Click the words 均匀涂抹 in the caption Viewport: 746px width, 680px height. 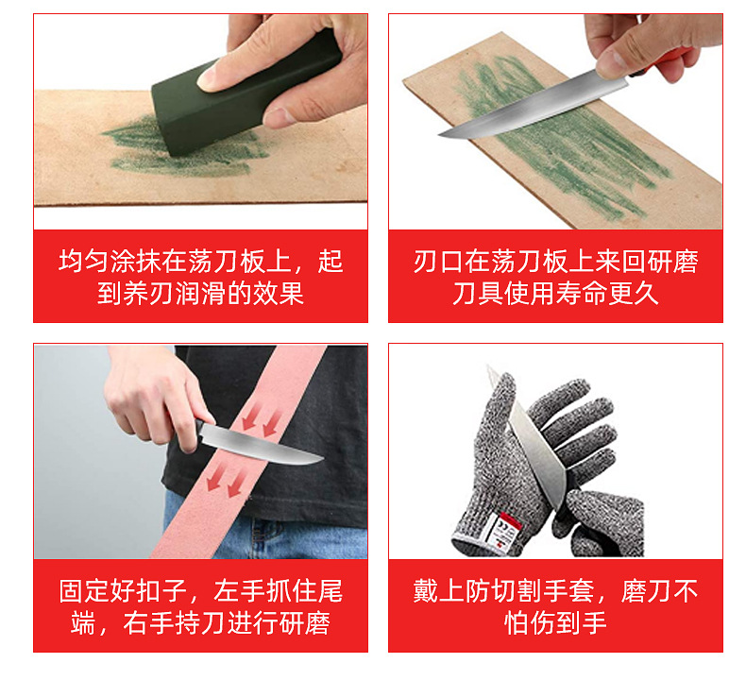[110, 262]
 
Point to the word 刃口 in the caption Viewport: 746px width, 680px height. [438, 262]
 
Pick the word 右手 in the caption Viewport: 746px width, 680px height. [149, 623]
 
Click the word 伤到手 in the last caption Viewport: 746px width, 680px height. [570, 623]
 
